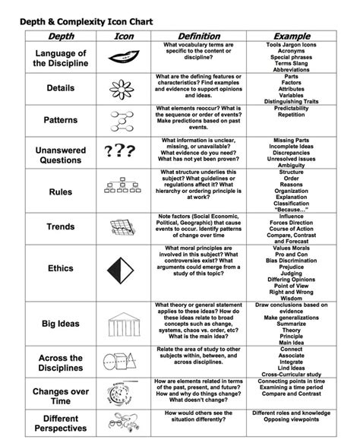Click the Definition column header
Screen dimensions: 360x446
(x=198, y=36)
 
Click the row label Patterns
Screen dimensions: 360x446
(x=61, y=119)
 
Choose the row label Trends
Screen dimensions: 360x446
(x=61, y=226)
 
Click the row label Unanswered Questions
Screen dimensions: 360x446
(x=61, y=157)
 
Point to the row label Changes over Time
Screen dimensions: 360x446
(x=61, y=395)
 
